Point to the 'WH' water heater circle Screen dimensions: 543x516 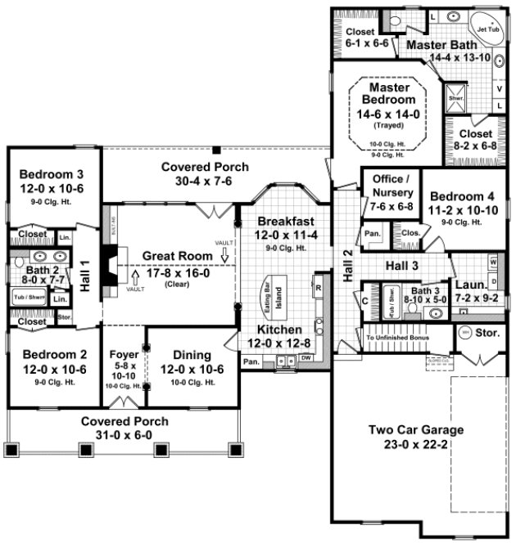click(465, 333)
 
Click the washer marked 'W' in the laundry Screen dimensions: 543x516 click(494, 262)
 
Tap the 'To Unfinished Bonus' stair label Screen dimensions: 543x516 click(397, 337)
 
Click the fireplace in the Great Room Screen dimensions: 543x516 click(108, 264)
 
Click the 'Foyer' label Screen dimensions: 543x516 click(124, 355)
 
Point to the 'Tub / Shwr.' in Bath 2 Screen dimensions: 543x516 click(25, 298)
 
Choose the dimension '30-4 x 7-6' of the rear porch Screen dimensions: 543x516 click(195, 180)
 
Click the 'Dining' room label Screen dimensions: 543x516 click(192, 355)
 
